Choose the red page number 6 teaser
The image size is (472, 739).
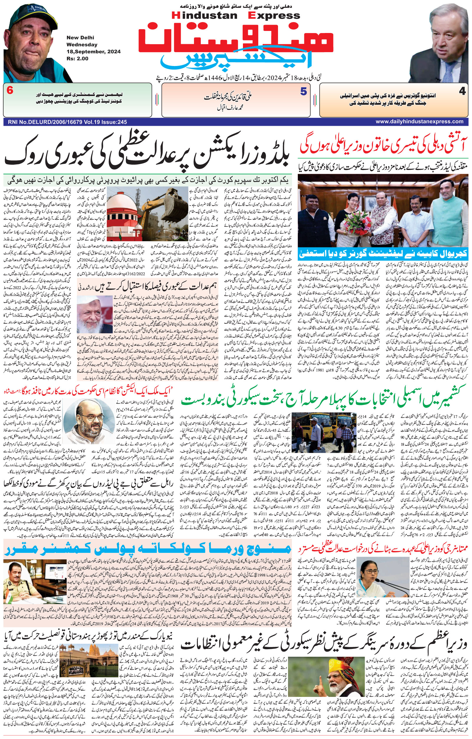coord(10,91)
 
